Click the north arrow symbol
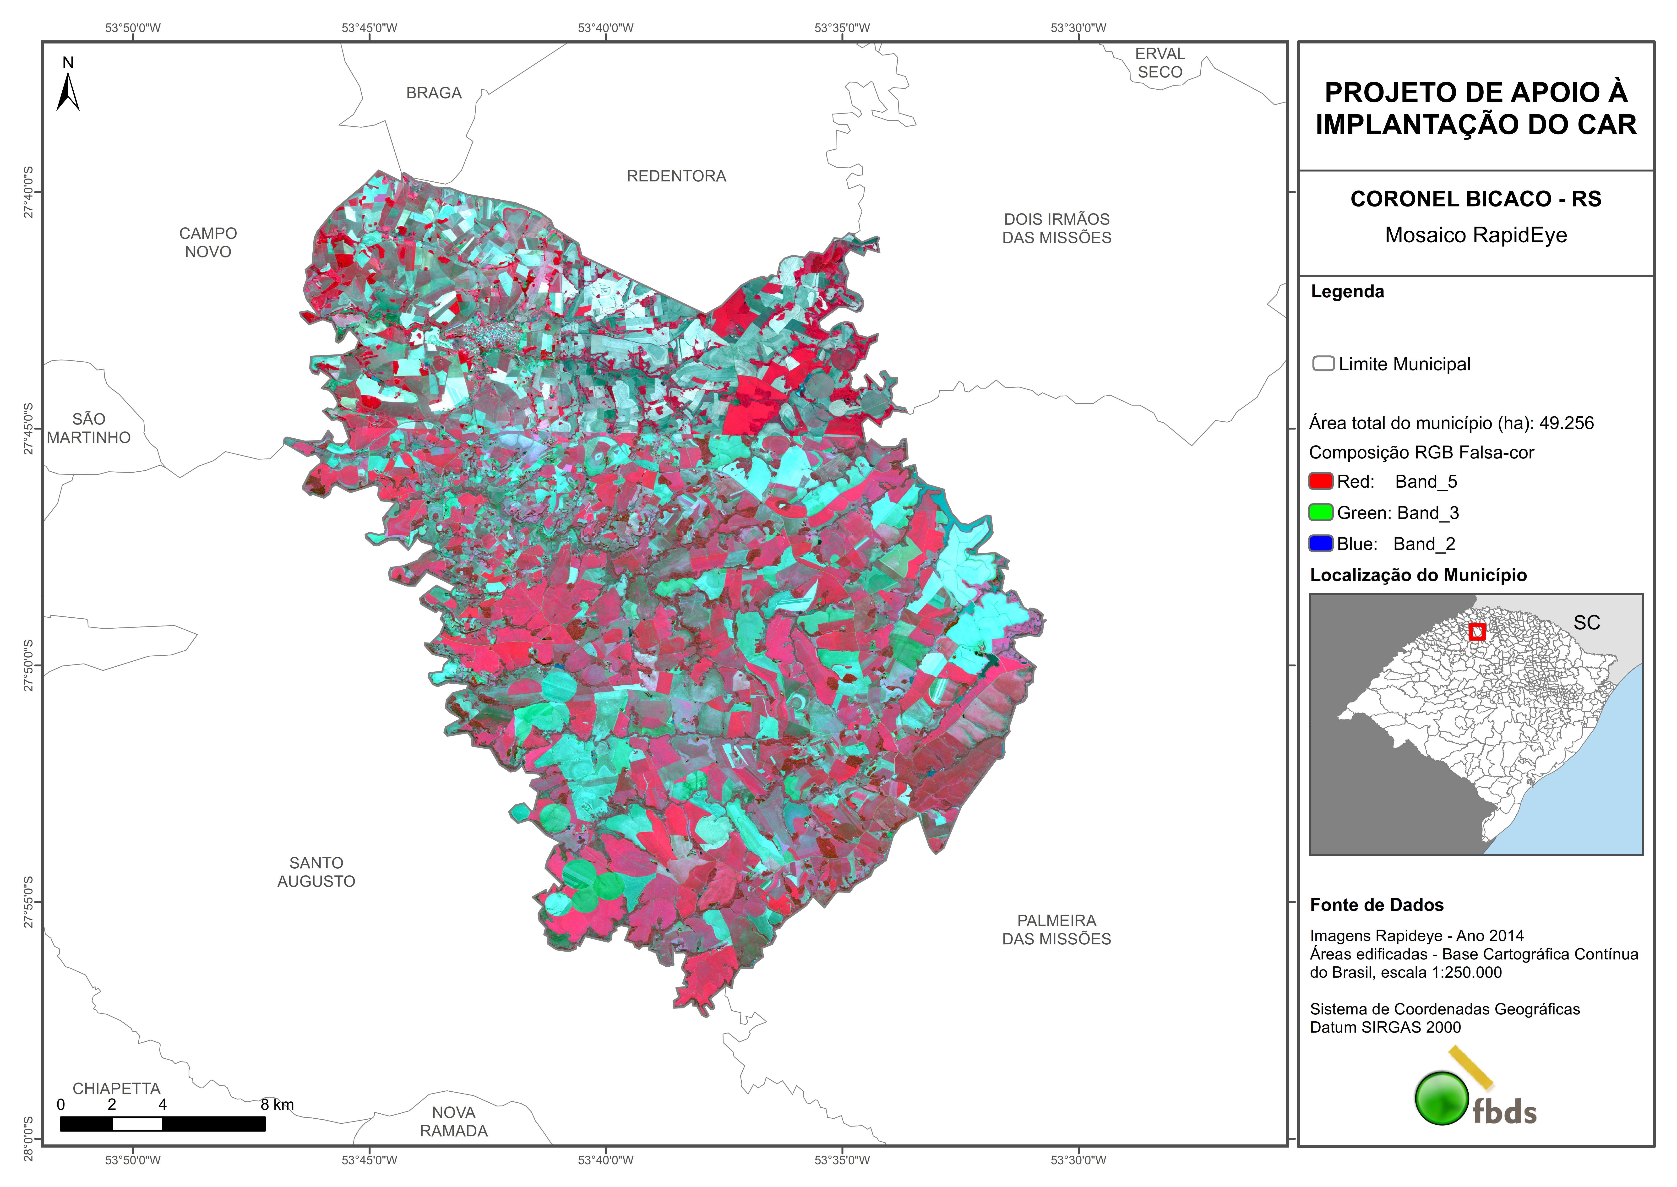coord(68,91)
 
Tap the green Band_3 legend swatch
coord(1320,512)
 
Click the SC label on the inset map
coord(1586,623)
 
